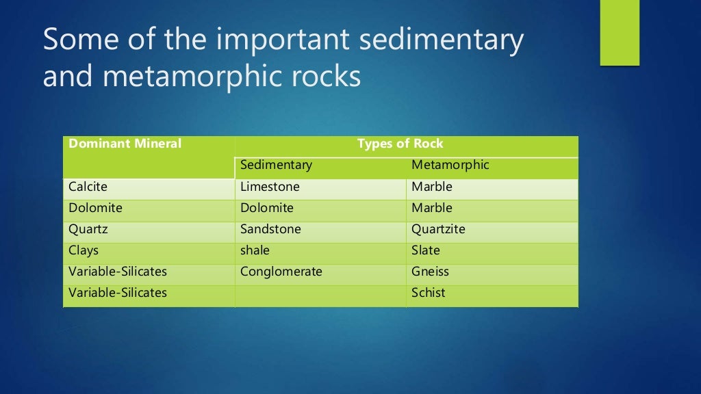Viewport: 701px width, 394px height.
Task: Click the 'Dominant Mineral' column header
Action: pos(125,144)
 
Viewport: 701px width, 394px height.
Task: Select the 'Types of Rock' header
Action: pos(400,144)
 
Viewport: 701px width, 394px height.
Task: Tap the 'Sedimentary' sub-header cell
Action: pos(276,166)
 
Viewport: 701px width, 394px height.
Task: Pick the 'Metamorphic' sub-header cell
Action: pos(450,166)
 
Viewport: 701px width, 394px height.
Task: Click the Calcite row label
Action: pos(88,187)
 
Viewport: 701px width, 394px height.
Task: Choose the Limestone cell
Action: pos(270,187)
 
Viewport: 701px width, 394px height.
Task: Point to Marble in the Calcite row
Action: pos(431,187)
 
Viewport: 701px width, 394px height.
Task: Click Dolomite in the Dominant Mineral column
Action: pos(95,208)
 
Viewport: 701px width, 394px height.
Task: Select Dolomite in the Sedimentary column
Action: pos(266,208)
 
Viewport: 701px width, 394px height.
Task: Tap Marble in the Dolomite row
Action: pos(431,208)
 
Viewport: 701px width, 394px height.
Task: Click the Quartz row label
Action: pos(88,229)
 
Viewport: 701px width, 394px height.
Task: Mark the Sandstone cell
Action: pos(270,229)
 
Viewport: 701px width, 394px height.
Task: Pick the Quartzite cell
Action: pos(438,229)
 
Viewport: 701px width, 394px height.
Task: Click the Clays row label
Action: pos(83,250)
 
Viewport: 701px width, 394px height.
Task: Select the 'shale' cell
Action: pos(255,250)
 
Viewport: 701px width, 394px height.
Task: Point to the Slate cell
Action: pos(425,250)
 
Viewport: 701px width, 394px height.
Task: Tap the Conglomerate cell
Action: pos(281,272)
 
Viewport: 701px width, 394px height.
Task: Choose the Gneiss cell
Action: pos(430,272)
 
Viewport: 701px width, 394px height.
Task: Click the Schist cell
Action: pos(428,293)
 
